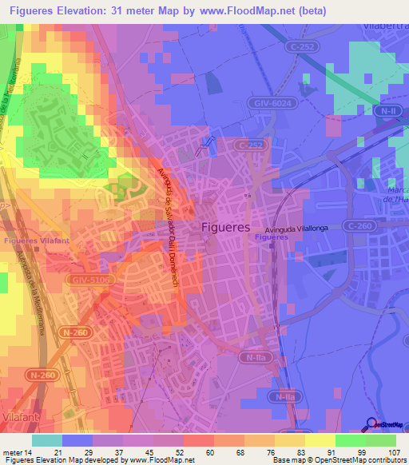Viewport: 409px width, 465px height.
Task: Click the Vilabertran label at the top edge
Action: [383, 27]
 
